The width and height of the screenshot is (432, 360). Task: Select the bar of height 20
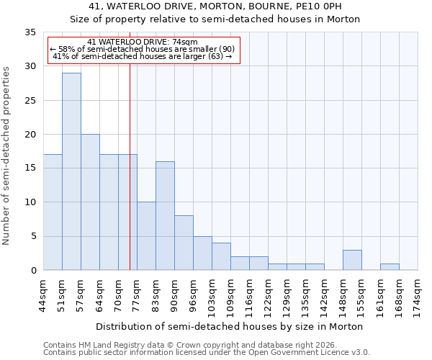pyautogui.click(x=90, y=202)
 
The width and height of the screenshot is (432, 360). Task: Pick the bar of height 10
pyautogui.click(x=146, y=236)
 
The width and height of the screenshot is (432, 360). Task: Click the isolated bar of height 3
pyautogui.click(x=352, y=260)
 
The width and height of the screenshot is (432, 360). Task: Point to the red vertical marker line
pyautogui.click(x=130, y=166)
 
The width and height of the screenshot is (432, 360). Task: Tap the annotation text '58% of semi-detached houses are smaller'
pyautogui.click(x=143, y=49)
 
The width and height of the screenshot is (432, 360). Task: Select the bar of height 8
pyautogui.click(x=184, y=243)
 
